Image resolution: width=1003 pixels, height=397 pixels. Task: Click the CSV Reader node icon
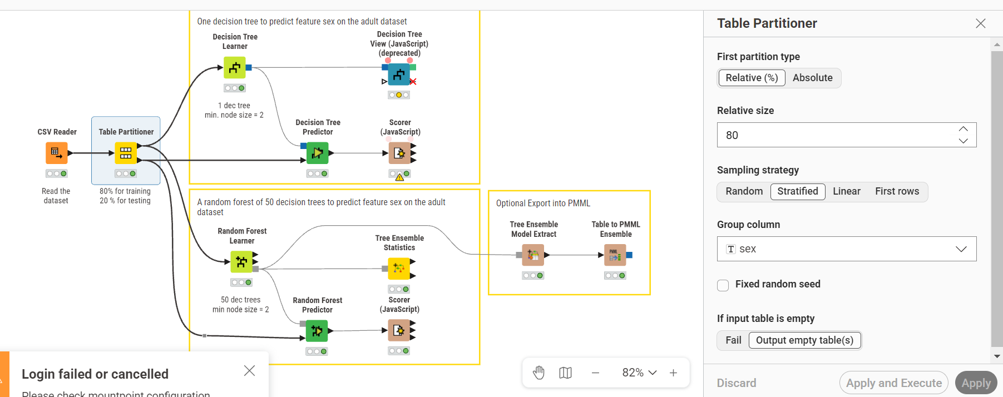pyautogui.click(x=56, y=153)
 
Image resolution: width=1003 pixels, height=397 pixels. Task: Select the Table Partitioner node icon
pyautogui.click(x=126, y=153)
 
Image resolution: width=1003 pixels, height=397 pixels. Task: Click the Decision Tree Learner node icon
pyautogui.click(x=235, y=68)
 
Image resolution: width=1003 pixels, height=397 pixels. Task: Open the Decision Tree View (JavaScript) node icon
pyautogui.click(x=399, y=74)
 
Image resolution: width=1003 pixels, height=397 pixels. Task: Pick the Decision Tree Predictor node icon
pyautogui.click(x=317, y=153)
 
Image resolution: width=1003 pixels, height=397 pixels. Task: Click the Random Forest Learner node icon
pyautogui.click(x=241, y=261)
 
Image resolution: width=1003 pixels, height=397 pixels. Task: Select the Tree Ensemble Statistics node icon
pyautogui.click(x=399, y=269)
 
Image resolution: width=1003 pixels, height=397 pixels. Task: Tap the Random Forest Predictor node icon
pyautogui.click(x=317, y=331)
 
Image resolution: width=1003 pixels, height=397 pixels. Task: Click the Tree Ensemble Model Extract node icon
pyautogui.click(x=533, y=255)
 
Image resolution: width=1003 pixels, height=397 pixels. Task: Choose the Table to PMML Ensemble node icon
pyautogui.click(x=615, y=255)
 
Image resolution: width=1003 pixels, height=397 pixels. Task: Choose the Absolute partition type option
pyautogui.click(x=813, y=78)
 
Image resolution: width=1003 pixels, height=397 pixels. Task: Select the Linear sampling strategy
pyautogui.click(x=847, y=191)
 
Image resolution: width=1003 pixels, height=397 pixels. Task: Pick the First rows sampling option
pyautogui.click(x=897, y=191)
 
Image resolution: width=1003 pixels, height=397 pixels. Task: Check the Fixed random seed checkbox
pyautogui.click(x=723, y=285)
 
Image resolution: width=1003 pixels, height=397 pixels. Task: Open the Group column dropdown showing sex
pyautogui.click(x=847, y=249)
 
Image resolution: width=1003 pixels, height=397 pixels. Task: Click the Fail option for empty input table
pyautogui.click(x=733, y=340)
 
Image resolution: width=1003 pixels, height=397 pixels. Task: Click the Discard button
pyautogui.click(x=737, y=383)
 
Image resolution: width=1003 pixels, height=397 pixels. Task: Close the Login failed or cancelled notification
pyautogui.click(x=249, y=371)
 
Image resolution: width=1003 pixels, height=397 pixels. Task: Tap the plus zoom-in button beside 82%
pyautogui.click(x=673, y=373)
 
